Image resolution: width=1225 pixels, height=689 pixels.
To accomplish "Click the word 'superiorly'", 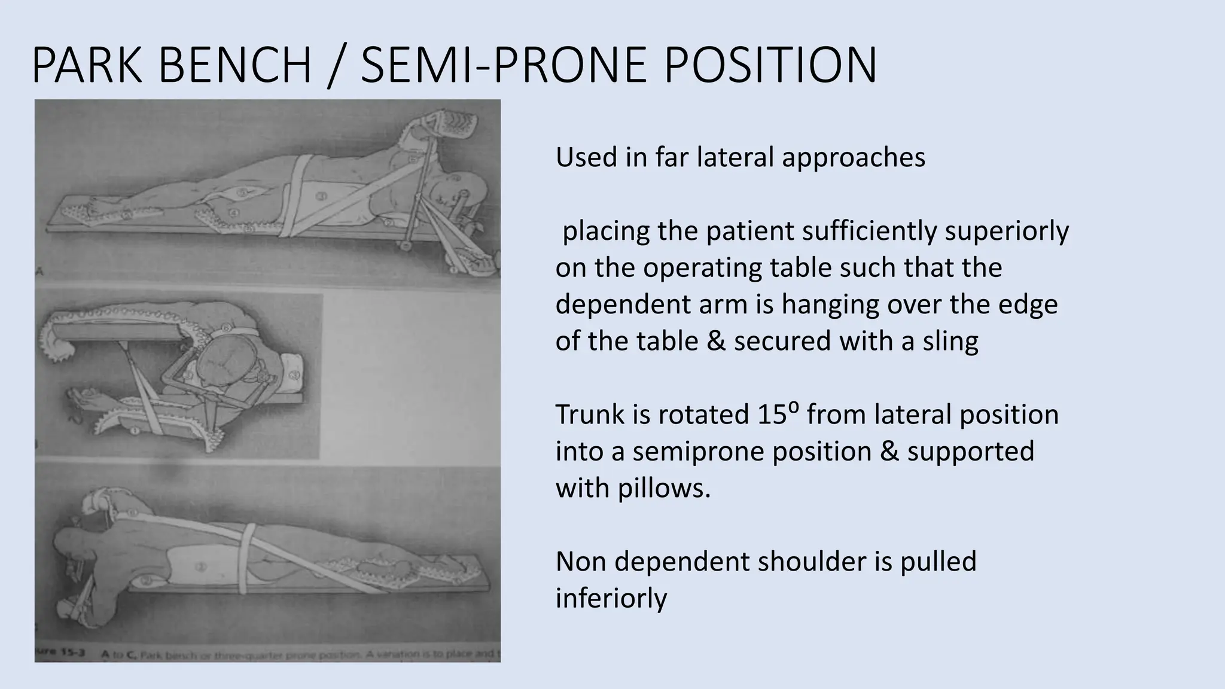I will point(1006,231).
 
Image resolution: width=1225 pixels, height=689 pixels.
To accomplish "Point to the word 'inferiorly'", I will point(611,598).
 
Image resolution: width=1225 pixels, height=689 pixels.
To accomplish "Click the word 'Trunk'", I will point(593,414).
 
